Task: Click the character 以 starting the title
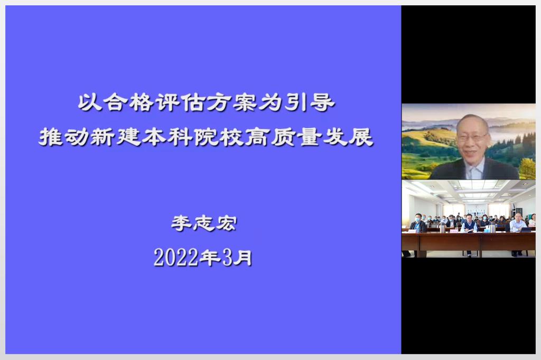90,102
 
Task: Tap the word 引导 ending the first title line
309,102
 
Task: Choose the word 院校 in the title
219,137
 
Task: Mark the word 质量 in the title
296,137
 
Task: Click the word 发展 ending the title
348,137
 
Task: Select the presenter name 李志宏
204,223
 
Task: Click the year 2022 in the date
176,258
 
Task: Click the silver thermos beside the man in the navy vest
442,228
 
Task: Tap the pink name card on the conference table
454,231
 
